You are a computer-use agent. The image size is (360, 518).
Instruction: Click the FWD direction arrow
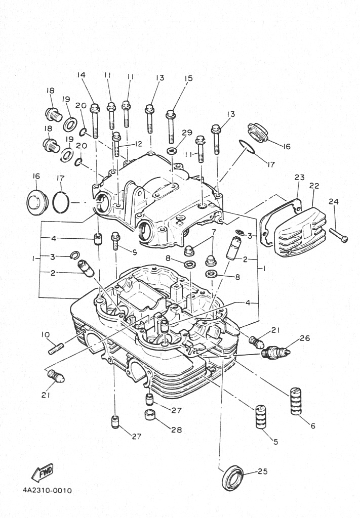coord(43,472)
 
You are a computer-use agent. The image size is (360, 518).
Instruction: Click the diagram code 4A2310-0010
coord(47,491)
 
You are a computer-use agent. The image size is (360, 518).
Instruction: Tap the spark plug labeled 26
coord(276,353)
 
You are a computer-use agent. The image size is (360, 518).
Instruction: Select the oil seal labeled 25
coord(232,478)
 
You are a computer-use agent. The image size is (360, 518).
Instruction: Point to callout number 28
coord(177,430)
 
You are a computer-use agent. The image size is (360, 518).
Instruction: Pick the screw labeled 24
coord(338,235)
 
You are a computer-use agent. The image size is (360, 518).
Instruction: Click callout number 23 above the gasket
coord(300,178)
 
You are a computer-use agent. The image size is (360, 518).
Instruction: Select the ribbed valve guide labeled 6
coord(296,401)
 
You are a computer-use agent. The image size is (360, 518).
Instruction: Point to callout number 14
coord(82,75)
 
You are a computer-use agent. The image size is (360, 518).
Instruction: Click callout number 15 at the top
coord(188,78)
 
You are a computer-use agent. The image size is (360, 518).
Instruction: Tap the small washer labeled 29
coord(172,151)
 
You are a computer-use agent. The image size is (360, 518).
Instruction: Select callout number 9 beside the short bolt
coord(134,252)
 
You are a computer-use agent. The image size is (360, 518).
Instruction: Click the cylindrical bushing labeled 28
coord(150,414)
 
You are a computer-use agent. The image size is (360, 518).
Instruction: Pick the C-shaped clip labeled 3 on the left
coord(75,255)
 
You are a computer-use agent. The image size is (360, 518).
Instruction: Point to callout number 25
coord(262,471)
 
